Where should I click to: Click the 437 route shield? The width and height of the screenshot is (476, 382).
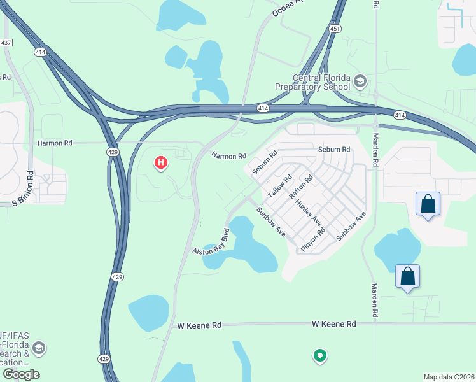tap(6, 43)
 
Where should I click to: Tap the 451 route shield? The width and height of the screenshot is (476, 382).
tap(335, 28)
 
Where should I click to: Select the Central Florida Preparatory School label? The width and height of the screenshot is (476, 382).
tap(312, 82)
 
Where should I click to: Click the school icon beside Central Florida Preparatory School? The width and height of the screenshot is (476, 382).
tap(360, 81)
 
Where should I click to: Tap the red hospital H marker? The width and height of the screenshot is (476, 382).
tap(161, 164)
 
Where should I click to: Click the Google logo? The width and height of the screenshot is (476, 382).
tap(21, 374)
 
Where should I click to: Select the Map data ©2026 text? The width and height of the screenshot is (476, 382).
tap(448, 377)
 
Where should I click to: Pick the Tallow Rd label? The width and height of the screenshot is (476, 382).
tap(279, 186)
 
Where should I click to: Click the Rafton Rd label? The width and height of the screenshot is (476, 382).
tap(301, 187)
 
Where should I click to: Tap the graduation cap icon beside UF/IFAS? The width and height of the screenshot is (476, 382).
tap(39, 348)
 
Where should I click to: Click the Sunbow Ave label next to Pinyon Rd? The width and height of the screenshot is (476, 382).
tap(351, 226)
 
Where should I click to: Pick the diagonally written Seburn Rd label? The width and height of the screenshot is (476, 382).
tap(265, 162)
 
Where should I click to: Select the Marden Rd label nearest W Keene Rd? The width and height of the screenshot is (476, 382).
tap(375, 301)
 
